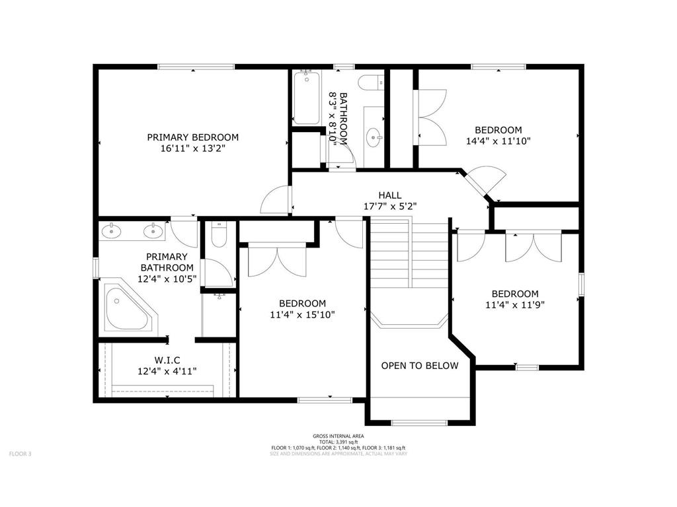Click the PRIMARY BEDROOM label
coord(192,137)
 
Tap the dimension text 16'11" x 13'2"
coord(192,149)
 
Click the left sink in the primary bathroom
coord(112,231)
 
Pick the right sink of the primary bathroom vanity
coord(154,231)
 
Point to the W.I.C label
coord(167,360)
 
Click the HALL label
coord(389,195)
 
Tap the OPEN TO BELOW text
coord(419,366)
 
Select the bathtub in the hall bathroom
coord(306,98)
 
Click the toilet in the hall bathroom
coord(370,83)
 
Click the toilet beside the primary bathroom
coord(219,234)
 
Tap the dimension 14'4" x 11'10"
coord(498,141)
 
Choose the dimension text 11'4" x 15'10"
coord(302,315)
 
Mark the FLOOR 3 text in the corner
coord(20,454)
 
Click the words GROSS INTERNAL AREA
coord(338,436)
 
